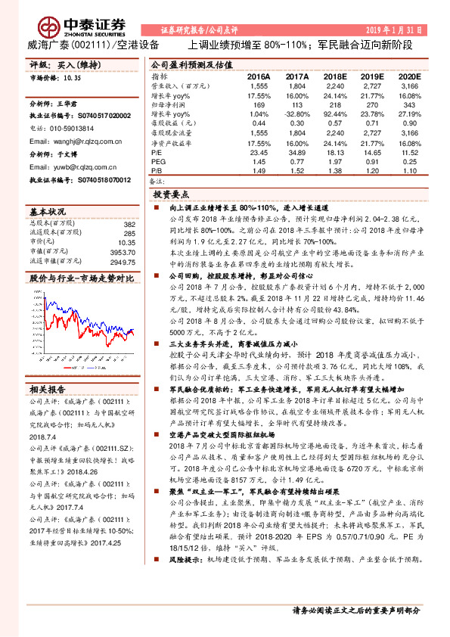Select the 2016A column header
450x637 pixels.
pyautogui.click(x=259, y=76)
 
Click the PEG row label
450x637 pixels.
pyautogui.click(x=159, y=162)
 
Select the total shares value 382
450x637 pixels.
pyautogui.click(x=129, y=224)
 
